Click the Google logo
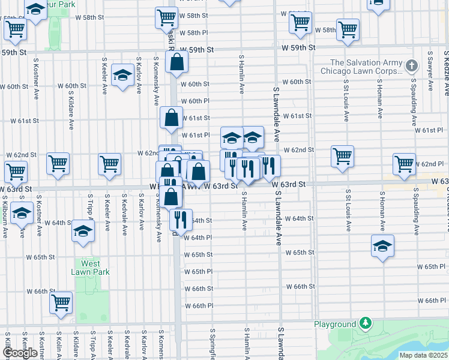pos(20,353)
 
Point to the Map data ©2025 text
pos(424,355)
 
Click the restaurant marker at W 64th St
pos(179,219)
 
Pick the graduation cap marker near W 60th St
pos(122,75)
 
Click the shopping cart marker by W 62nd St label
pos(342,156)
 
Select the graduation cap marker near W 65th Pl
pos(382,245)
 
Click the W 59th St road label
pos(197,49)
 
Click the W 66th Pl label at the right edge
pos(432,300)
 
